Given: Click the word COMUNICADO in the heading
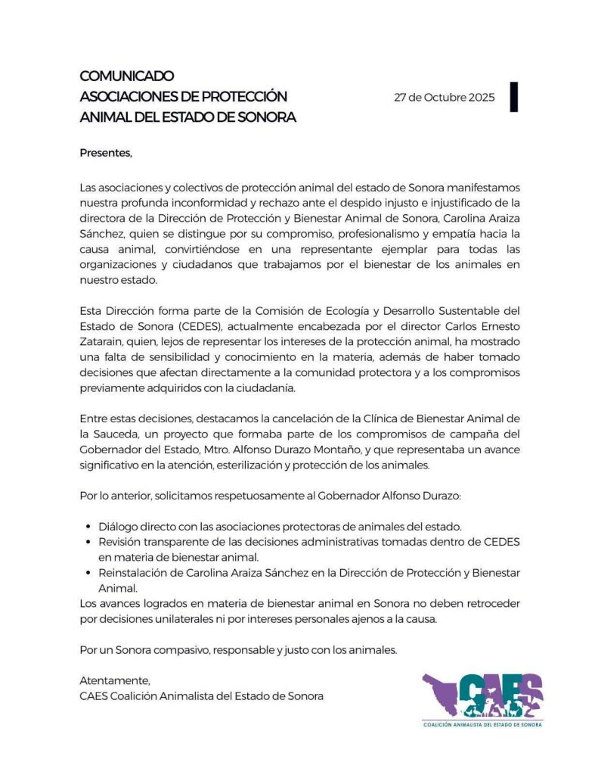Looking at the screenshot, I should (127, 76).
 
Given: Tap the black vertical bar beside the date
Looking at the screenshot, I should (514, 96).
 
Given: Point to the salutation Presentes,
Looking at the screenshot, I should (106, 153).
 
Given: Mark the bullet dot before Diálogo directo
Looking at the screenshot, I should (89, 525).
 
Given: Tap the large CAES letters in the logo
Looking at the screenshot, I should (500, 690).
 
